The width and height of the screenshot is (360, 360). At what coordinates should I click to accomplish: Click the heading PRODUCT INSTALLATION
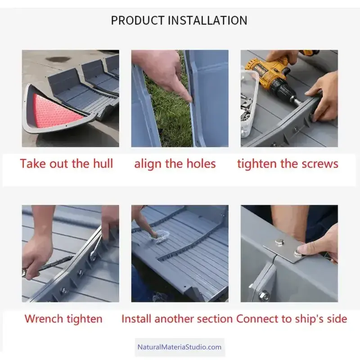(179, 20)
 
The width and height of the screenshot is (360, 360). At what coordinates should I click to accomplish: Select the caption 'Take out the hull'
(67, 164)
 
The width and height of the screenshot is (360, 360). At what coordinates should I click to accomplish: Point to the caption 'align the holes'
(175, 164)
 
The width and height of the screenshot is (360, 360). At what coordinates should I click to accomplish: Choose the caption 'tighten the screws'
(288, 164)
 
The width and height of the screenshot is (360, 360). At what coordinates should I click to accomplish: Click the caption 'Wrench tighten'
(63, 319)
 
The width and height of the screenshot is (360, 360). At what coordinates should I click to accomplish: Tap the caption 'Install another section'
(177, 319)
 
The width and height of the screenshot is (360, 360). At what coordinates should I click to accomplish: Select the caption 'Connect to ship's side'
(292, 319)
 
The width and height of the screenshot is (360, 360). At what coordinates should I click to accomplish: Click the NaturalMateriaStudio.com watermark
(179, 347)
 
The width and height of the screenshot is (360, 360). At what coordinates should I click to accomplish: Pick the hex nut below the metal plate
(264, 295)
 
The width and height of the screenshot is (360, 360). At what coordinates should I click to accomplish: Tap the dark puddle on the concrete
(58, 59)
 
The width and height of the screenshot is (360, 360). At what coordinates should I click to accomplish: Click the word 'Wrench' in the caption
(44, 319)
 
